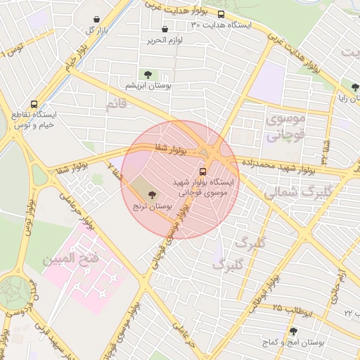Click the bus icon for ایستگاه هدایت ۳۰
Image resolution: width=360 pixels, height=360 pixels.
click(221, 14)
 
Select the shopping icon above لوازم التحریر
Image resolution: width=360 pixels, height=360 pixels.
click(165, 30)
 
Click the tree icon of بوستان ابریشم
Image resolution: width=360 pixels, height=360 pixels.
click(148, 74)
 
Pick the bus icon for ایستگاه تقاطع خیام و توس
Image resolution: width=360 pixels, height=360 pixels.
click(32, 102)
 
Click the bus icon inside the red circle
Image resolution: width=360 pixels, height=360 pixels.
click(203, 170)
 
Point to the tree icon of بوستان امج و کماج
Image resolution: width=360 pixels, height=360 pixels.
click(293, 331)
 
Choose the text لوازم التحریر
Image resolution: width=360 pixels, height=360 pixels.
click(165, 41)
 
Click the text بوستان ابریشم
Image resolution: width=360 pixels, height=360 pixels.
click(148, 85)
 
